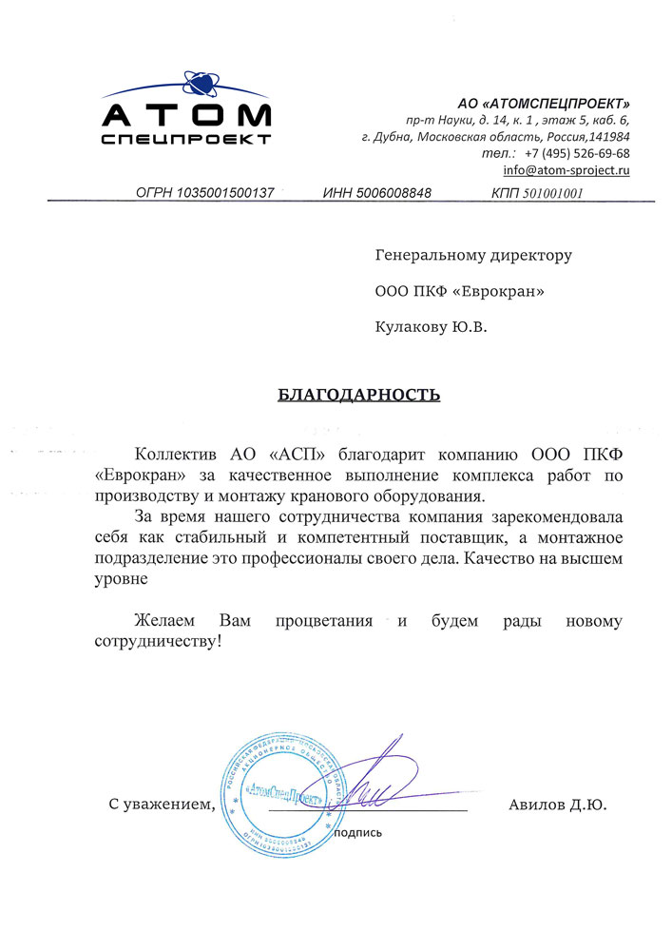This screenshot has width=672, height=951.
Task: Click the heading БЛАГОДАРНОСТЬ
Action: click(358, 395)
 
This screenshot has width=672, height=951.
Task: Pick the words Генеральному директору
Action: click(473, 255)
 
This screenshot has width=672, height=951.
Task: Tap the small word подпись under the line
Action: click(358, 833)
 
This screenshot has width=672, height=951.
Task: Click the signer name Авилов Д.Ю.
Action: click(558, 805)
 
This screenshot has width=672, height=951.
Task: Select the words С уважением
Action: click(163, 805)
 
